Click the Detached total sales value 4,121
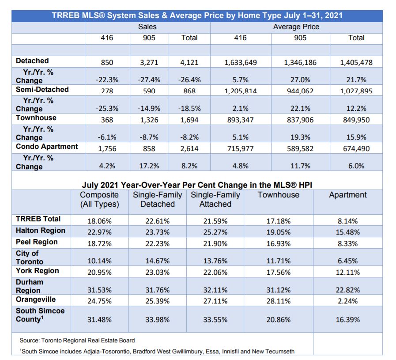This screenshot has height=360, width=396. [189, 62]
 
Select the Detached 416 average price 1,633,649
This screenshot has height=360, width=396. [241, 62]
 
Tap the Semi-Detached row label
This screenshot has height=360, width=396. [42, 89]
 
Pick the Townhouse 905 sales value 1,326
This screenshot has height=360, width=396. [149, 120]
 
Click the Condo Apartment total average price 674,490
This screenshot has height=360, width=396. [356, 148]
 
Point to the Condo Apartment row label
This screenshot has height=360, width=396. [47, 147]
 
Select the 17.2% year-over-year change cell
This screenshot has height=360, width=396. [149, 166]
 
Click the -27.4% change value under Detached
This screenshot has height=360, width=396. [149, 80]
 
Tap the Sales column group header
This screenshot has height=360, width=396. [147, 27]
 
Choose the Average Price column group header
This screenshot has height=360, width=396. [296, 27]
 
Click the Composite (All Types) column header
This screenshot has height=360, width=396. [99, 199]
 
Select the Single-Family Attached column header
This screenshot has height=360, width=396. [215, 199]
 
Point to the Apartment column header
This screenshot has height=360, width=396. [347, 195]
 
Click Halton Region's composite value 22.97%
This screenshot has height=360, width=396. [99, 232]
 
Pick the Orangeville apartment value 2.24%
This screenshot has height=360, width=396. [347, 301]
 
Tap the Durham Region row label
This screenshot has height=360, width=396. [29, 286]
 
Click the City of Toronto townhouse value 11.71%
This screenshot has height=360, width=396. [278, 261]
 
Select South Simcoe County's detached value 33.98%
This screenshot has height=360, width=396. [157, 319]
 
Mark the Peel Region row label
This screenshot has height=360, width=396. [37, 242]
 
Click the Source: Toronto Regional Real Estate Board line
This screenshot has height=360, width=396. [77, 341]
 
